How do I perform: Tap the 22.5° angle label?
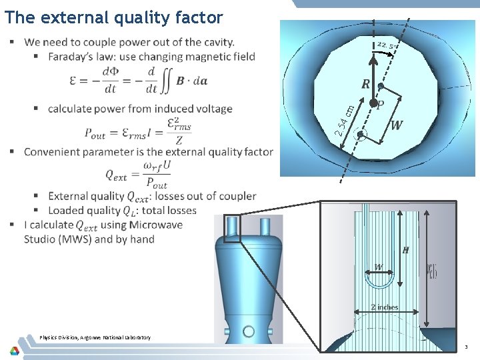point(385,45)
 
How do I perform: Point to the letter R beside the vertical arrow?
point(366,85)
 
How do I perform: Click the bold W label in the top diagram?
point(397,125)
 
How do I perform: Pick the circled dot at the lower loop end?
point(361,134)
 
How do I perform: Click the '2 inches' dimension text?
point(385,307)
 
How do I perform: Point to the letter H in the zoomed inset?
point(405,250)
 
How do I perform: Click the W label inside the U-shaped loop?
point(379,267)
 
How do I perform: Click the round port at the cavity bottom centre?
point(249,331)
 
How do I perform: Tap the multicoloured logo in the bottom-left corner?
point(14,349)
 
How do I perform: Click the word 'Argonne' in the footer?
point(104,337)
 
